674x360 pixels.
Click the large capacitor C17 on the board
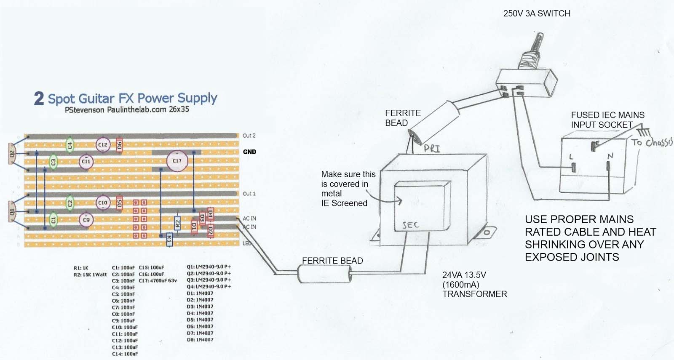[177, 161]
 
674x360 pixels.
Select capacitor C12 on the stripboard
[103, 144]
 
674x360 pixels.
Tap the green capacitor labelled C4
[70, 145]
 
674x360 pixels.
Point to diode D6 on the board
[119, 145]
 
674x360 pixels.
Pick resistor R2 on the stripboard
[177, 223]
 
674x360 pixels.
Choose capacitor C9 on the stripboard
[86, 220]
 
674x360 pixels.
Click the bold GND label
[249, 152]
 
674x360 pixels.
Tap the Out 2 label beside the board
[249, 136]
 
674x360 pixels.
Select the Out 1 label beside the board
[249, 194]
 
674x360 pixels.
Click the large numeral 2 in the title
[39, 99]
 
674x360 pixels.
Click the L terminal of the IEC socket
[573, 167]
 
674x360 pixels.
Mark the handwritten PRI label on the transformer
[432, 148]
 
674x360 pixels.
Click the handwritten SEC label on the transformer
[410, 225]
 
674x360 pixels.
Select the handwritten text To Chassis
[652, 142]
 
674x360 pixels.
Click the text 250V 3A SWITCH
[537, 13]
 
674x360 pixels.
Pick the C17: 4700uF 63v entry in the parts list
[158, 280]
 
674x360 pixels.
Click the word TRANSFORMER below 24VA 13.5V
[474, 294]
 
